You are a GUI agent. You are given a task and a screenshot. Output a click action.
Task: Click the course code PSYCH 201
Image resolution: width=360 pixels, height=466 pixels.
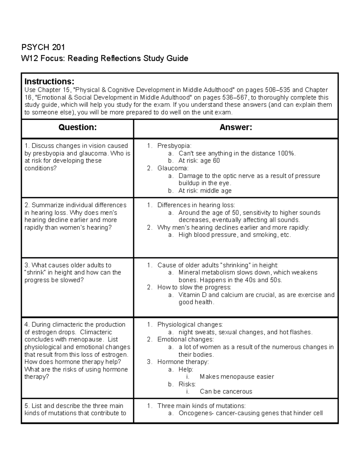[x=43, y=47]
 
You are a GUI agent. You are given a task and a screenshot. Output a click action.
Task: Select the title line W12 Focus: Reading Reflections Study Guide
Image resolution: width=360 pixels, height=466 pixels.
[x=104, y=58]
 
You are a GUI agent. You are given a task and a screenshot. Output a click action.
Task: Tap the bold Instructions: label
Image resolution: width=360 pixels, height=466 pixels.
[x=49, y=82]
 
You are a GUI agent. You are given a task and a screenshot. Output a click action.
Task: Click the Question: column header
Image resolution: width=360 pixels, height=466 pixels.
[x=77, y=128]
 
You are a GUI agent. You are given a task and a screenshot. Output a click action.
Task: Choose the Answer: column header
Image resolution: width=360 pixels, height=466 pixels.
[x=236, y=128]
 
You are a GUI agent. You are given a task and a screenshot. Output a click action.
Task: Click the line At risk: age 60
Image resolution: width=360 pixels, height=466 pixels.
[x=199, y=161]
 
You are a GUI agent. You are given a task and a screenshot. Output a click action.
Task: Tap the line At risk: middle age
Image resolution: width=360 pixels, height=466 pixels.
[x=205, y=191]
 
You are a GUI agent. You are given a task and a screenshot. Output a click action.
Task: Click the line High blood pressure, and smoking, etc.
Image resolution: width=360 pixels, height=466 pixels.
[x=235, y=235]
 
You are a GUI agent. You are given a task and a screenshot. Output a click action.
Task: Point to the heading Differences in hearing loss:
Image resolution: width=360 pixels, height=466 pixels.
[x=196, y=205]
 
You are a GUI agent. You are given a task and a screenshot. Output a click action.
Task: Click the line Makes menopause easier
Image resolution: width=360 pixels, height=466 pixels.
[x=237, y=377]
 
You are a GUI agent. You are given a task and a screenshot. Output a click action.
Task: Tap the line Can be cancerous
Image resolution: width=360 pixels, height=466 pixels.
[x=226, y=392]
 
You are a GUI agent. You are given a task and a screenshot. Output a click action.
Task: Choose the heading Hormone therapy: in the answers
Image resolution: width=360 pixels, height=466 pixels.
[x=183, y=362]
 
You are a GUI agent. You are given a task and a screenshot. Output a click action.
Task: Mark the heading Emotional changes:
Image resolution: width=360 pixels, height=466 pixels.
[x=185, y=340]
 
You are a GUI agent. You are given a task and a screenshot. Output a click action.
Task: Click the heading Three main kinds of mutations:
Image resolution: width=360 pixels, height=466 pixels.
[x=201, y=406]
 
